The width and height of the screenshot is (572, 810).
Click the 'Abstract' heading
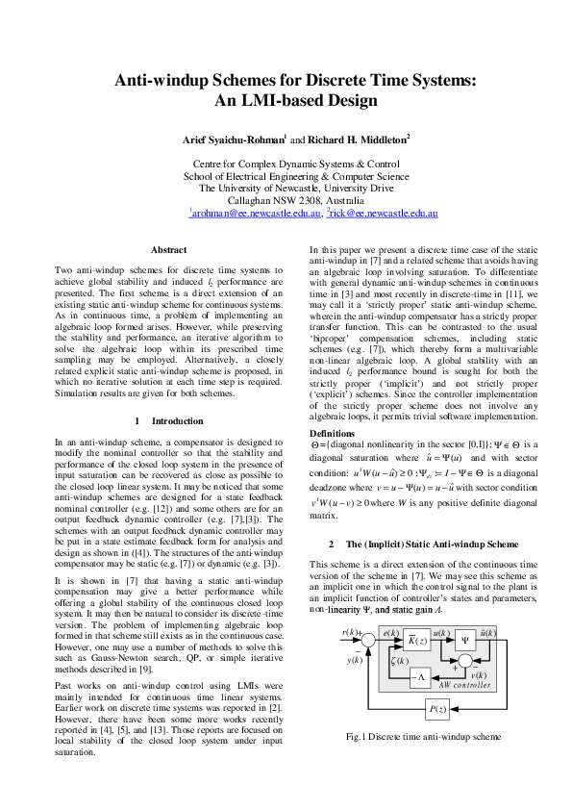169,250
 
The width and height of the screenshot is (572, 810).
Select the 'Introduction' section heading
169,421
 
